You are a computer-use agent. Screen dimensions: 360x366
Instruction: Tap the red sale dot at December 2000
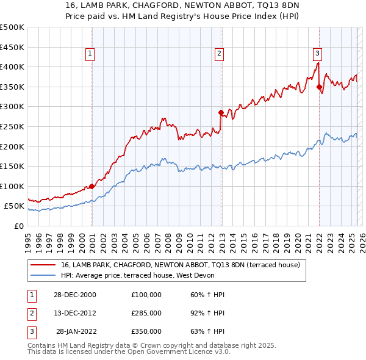tap(91, 186)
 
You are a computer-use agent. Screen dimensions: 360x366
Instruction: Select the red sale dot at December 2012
tap(221, 112)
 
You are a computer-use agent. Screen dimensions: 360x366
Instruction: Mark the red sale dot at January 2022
tap(319, 87)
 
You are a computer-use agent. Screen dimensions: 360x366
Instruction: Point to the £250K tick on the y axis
tap(12, 126)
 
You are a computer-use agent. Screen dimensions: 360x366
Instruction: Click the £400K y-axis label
tap(12, 67)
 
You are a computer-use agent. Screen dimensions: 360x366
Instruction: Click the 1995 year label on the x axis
tap(28, 239)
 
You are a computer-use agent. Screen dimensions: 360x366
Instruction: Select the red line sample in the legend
tap(43, 265)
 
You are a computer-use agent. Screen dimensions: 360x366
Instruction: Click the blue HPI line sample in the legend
tap(43, 275)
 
